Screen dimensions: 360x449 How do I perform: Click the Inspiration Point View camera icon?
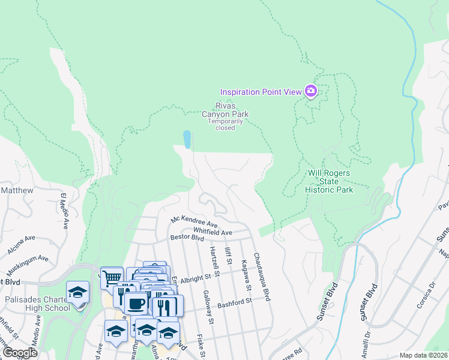pyautogui.click(x=311, y=91)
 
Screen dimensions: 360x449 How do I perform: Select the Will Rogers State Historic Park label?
pyautogui.click(x=330, y=181)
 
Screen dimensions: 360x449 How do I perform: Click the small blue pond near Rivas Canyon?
pyautogui.click(x=187, y=140)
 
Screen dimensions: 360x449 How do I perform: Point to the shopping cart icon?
pyautogui.click(x=111, y=278)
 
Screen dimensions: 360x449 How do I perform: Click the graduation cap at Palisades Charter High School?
pyautogui.click(x=77, y=292)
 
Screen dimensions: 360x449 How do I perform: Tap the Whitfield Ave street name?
pyautogui.click(x=212, y=232)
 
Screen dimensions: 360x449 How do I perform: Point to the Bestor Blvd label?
pyautogui.click(x=187, y=238)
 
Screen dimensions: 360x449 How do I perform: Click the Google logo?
pyautogui.click(x=19, y=353)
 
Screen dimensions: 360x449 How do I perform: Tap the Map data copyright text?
pyautogui.click(x=424, y=355)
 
